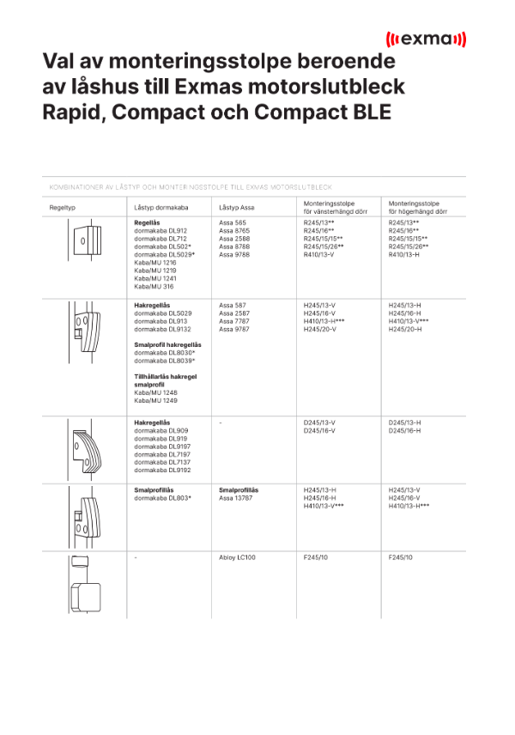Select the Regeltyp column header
64,208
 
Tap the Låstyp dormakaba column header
161,208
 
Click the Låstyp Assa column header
236,208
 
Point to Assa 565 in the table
233,223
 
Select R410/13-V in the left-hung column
319,255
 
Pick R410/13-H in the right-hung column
404,255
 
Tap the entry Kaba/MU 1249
154,401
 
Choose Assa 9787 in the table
233,329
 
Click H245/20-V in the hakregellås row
319,329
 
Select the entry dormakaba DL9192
161,471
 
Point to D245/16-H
404,431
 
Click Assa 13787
235,498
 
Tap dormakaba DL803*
162,498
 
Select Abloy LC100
237,558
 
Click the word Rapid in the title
76,112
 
